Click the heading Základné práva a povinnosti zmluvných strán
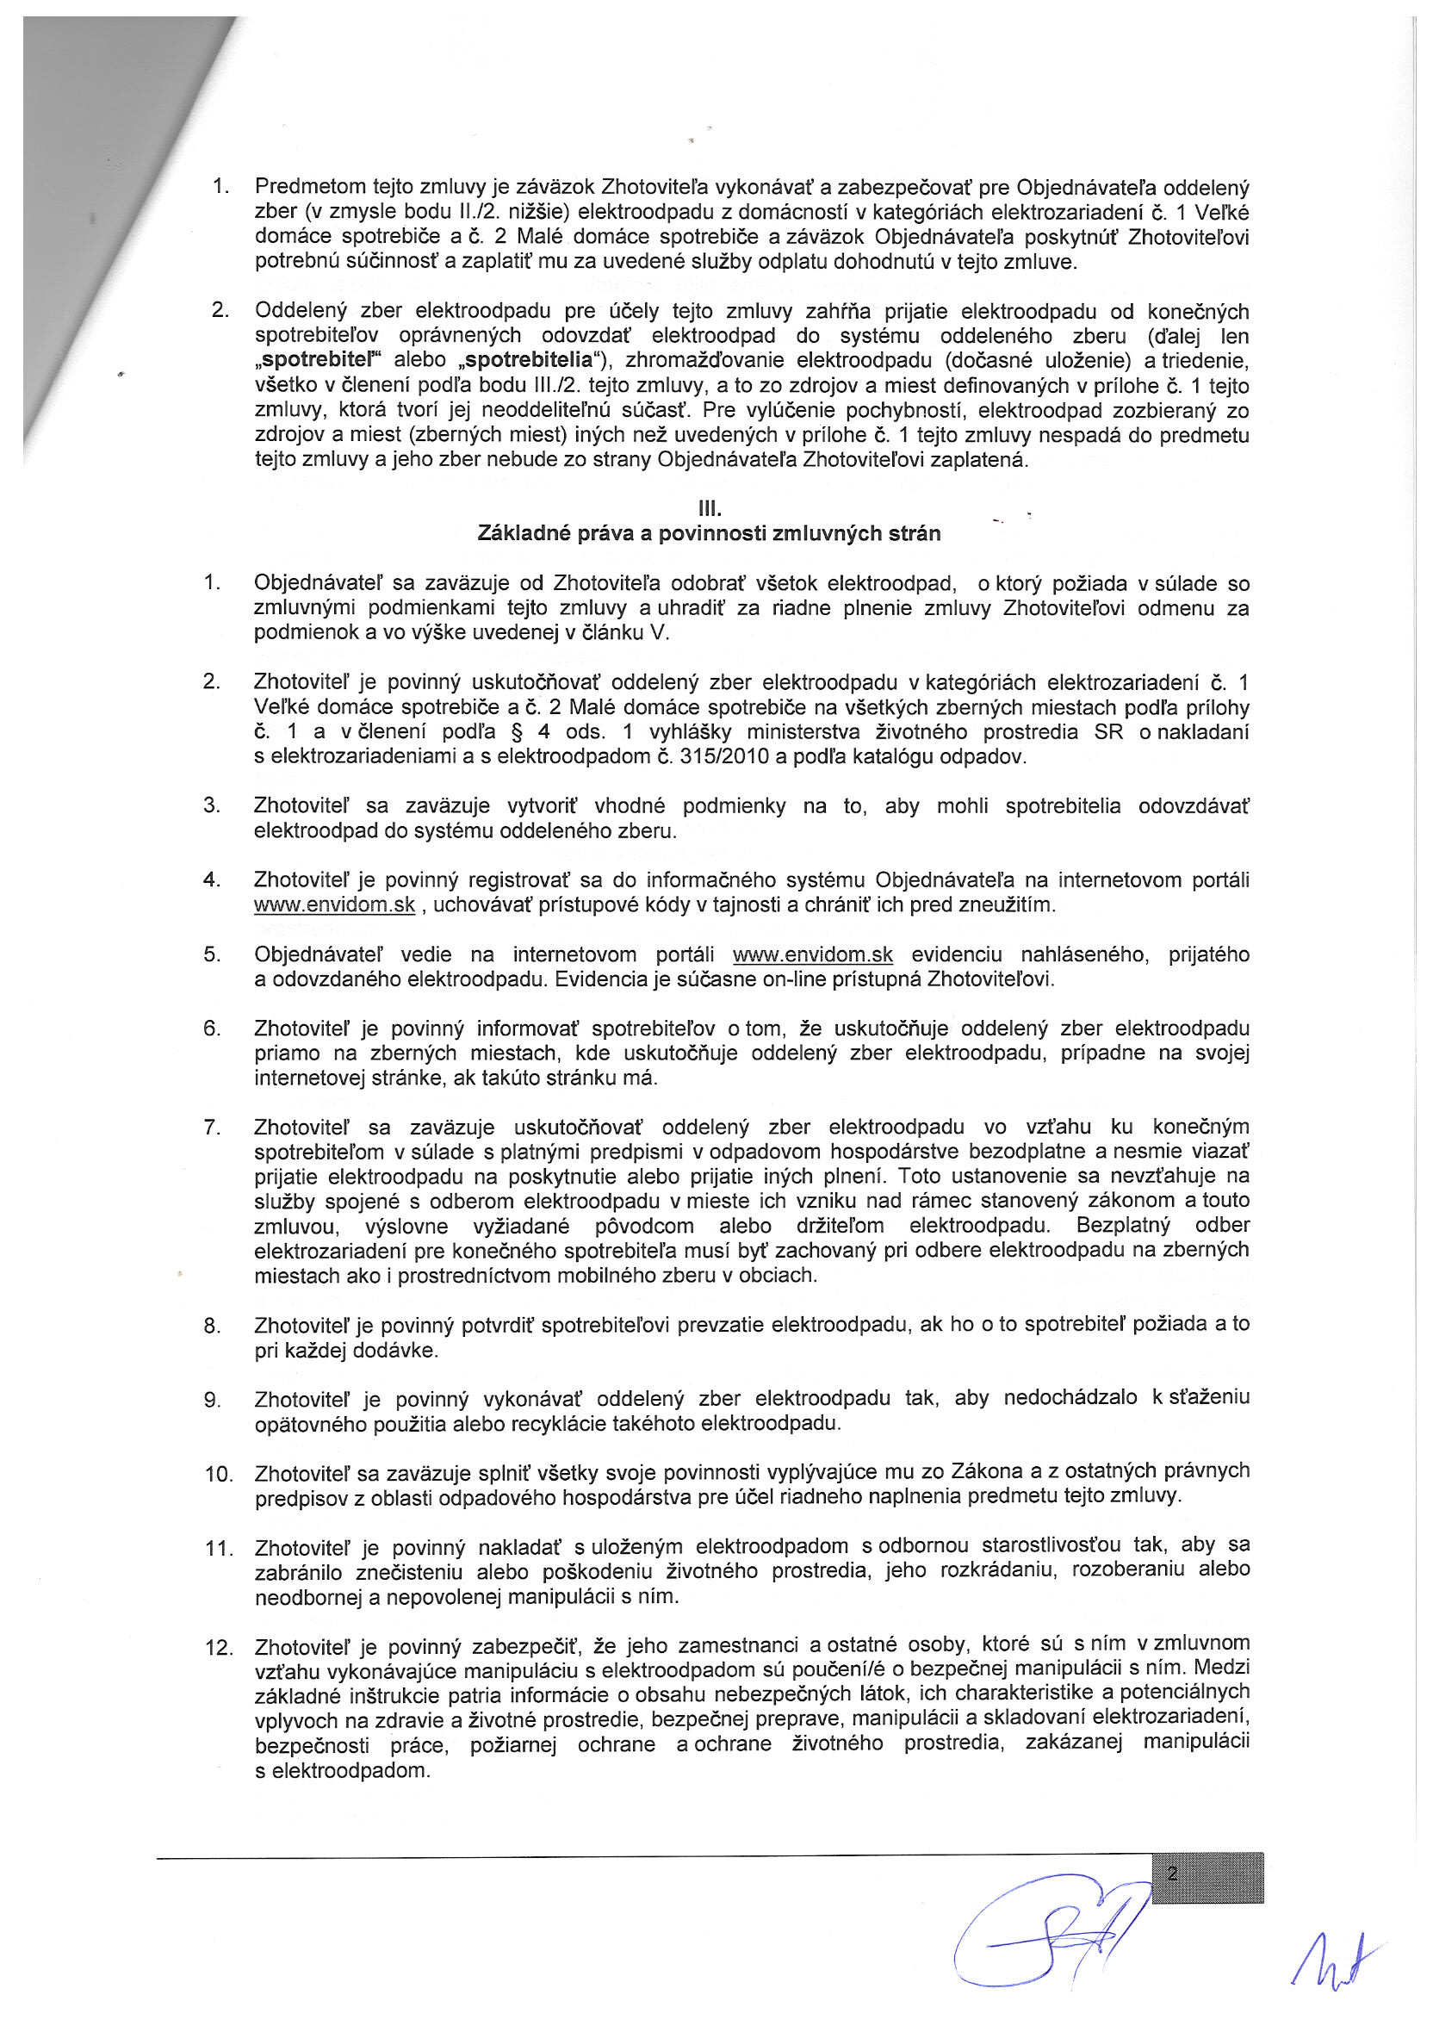point(709,534)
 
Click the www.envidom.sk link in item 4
point(333,905)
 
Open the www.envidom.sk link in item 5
point(813,954)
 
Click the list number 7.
point(211,1128)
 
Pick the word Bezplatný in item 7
point(1123,1226)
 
